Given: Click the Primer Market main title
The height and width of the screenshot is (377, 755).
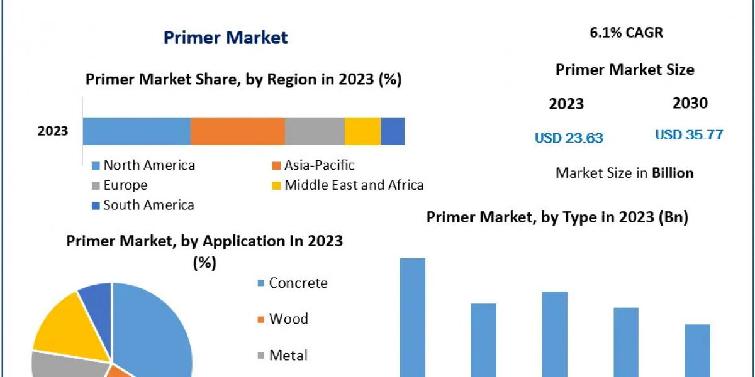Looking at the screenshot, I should (225, 38).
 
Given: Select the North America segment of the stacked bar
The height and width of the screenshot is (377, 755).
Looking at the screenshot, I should (137, 131).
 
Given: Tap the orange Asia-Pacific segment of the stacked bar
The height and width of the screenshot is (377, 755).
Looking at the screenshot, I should (237, 131).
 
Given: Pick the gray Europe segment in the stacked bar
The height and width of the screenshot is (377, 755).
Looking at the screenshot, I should (315, 131).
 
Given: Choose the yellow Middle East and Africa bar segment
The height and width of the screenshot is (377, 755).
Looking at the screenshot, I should (362, 131).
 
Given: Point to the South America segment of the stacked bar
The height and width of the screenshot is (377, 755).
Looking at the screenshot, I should (393, 131).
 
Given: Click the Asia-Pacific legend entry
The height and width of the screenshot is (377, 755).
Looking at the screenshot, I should (318, 165).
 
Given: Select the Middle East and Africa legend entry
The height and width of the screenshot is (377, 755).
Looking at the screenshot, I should (353, 185).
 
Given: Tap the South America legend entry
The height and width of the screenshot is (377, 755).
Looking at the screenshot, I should (148, 205).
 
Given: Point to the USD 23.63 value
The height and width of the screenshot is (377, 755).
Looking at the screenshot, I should (569, 138).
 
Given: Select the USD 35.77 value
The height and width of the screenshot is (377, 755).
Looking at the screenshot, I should (689, 134).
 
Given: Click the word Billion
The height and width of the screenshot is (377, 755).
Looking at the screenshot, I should (673, 173).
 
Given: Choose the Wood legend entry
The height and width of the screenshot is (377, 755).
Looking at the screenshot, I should (288, 319).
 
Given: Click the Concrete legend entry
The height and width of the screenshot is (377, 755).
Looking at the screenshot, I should (297, 283).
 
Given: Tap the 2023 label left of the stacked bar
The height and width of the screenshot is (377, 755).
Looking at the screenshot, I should (53, 131).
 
